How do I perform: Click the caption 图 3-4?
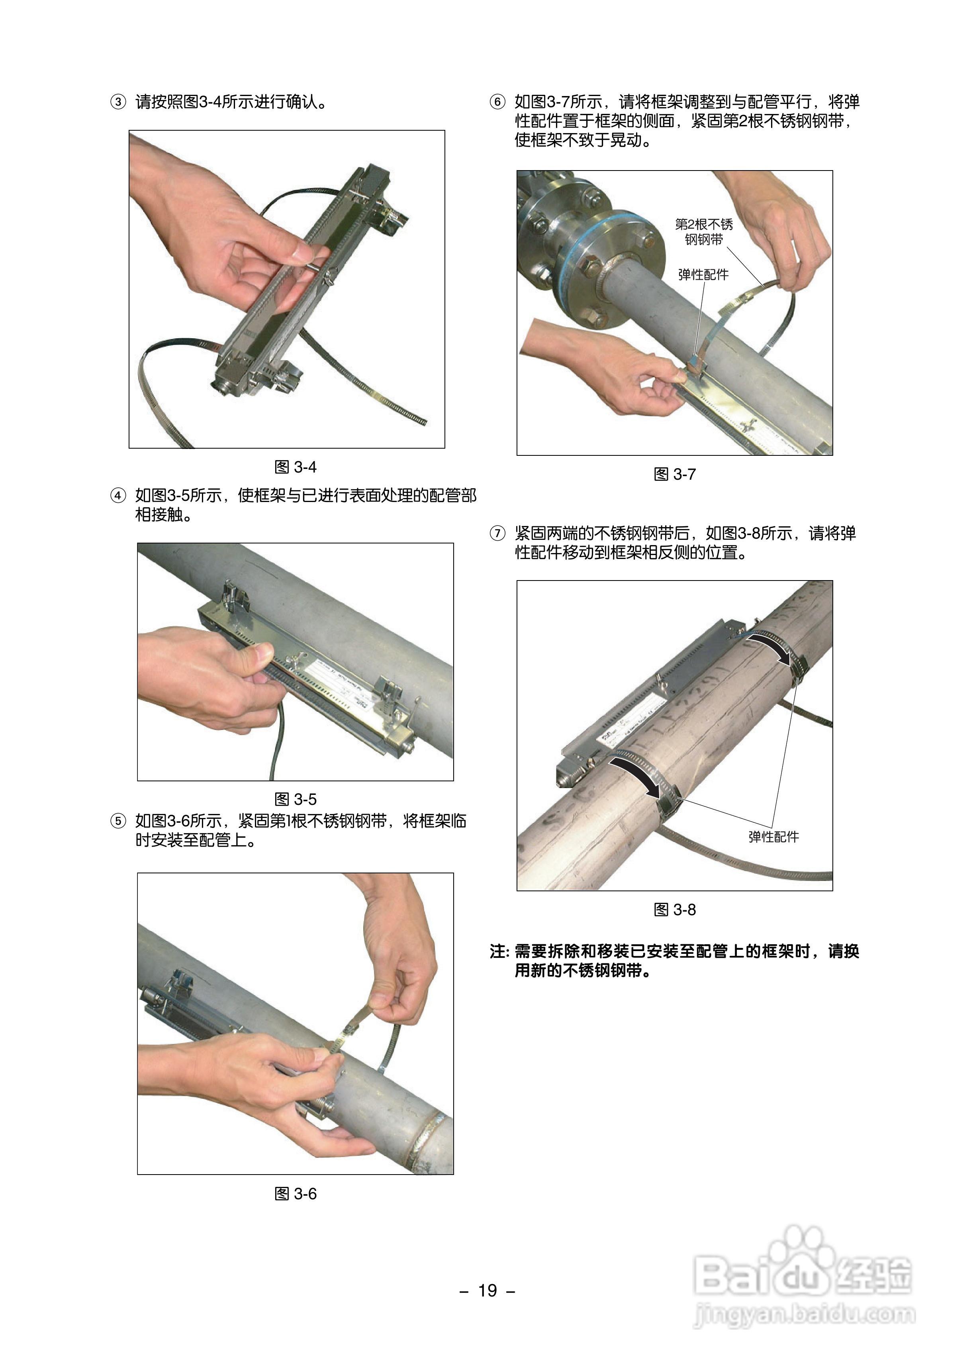pyautogui.click(x=295, y=467)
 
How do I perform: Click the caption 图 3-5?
pyautogui.click(x=295, y=799)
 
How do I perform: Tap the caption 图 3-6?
pyautogui.click(x=295, y=1194)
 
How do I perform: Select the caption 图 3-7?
pyautogui.click(x=674, y=475)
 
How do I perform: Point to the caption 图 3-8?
pyautogui.click(x=674, y=910)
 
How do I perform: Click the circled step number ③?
pyautogui.click(x=117, y=102)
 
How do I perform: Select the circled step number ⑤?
pyautogui.click(x=117, y=821)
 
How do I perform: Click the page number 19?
pyautogui.click(x=487, y=1290)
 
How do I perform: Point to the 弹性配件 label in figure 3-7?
pyautogui.click(x=703, y=275)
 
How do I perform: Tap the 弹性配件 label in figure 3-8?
pyautogui.click(x=773, y=836)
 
